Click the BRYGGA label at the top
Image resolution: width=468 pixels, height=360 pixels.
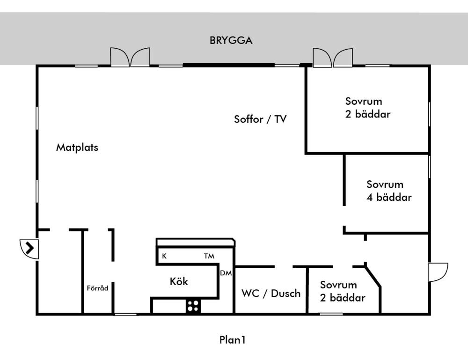tap(231, 40)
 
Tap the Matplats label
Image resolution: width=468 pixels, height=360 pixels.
tap(77, 147)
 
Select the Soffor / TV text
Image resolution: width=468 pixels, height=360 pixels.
tap(260, 119)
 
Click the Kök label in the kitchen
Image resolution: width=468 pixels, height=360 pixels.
tap(179, 282)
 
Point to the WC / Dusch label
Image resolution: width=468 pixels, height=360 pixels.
tap(271, 294)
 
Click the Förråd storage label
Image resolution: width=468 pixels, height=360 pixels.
tap(98, 288)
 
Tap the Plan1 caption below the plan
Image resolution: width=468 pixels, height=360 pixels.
tap(232, 339)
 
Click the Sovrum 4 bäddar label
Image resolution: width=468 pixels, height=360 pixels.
tap(389, 191)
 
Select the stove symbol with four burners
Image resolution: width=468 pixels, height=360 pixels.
tap(192, 306)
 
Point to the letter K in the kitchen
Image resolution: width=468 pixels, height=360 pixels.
tap(164, 256)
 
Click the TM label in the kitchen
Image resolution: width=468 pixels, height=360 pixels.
tap(209, 256)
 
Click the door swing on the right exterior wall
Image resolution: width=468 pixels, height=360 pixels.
tap(439, 272)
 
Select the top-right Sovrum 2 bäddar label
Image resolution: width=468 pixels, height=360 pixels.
tap(368, 107)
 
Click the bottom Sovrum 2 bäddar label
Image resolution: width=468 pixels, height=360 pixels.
tap(343, 291)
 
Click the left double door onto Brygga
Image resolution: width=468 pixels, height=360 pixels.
tap(130, 57)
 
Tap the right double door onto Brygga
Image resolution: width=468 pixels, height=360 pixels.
tap(333, 57)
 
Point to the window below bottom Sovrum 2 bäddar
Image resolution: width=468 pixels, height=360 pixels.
tap(330, 314)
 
